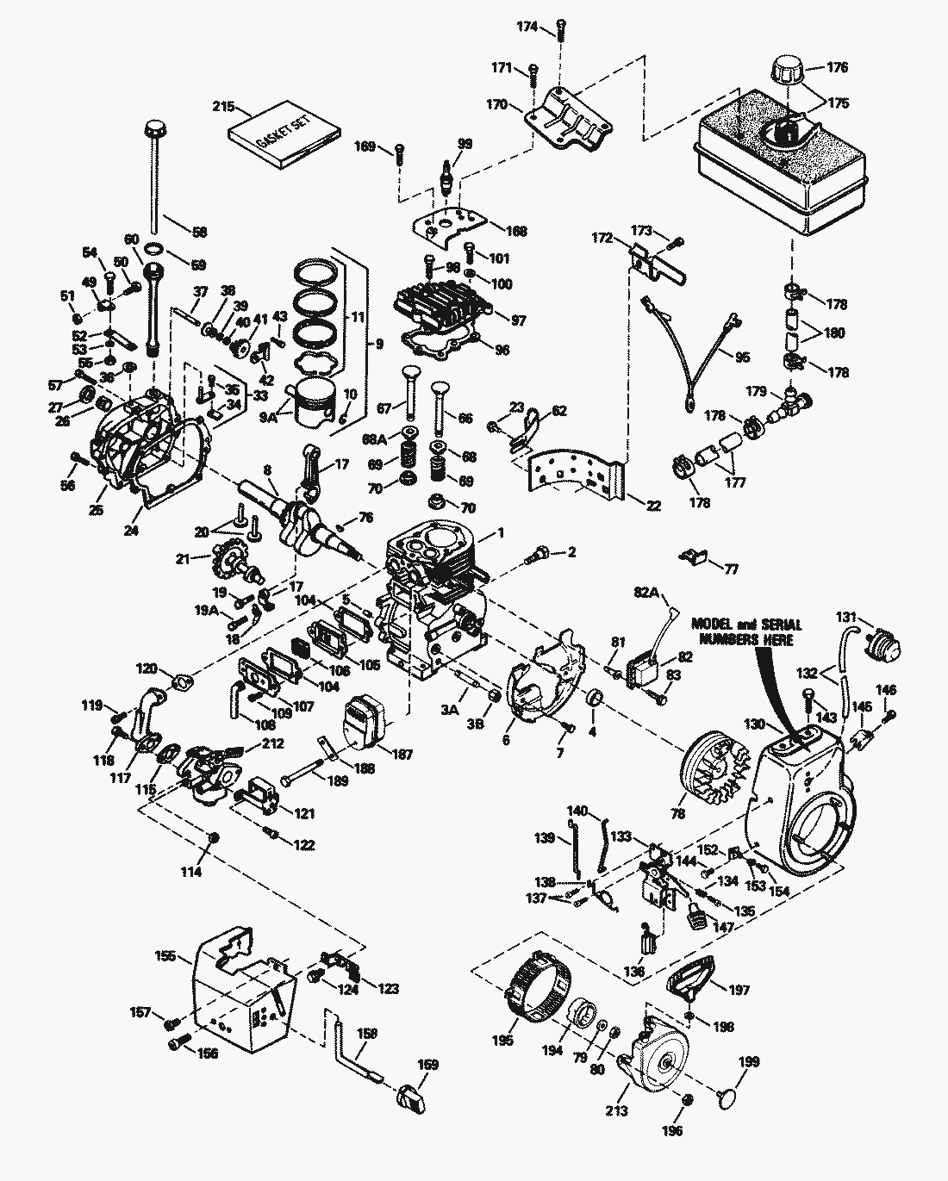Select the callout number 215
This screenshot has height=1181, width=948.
pos(224,107)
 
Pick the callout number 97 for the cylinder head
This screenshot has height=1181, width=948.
pos(517,320)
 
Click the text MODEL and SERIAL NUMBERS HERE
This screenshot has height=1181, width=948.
pos(746,631)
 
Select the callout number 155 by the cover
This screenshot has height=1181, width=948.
pos(165,955)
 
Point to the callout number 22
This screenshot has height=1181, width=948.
pos(653,506)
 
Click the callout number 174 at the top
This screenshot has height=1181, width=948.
pos(527,28)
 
